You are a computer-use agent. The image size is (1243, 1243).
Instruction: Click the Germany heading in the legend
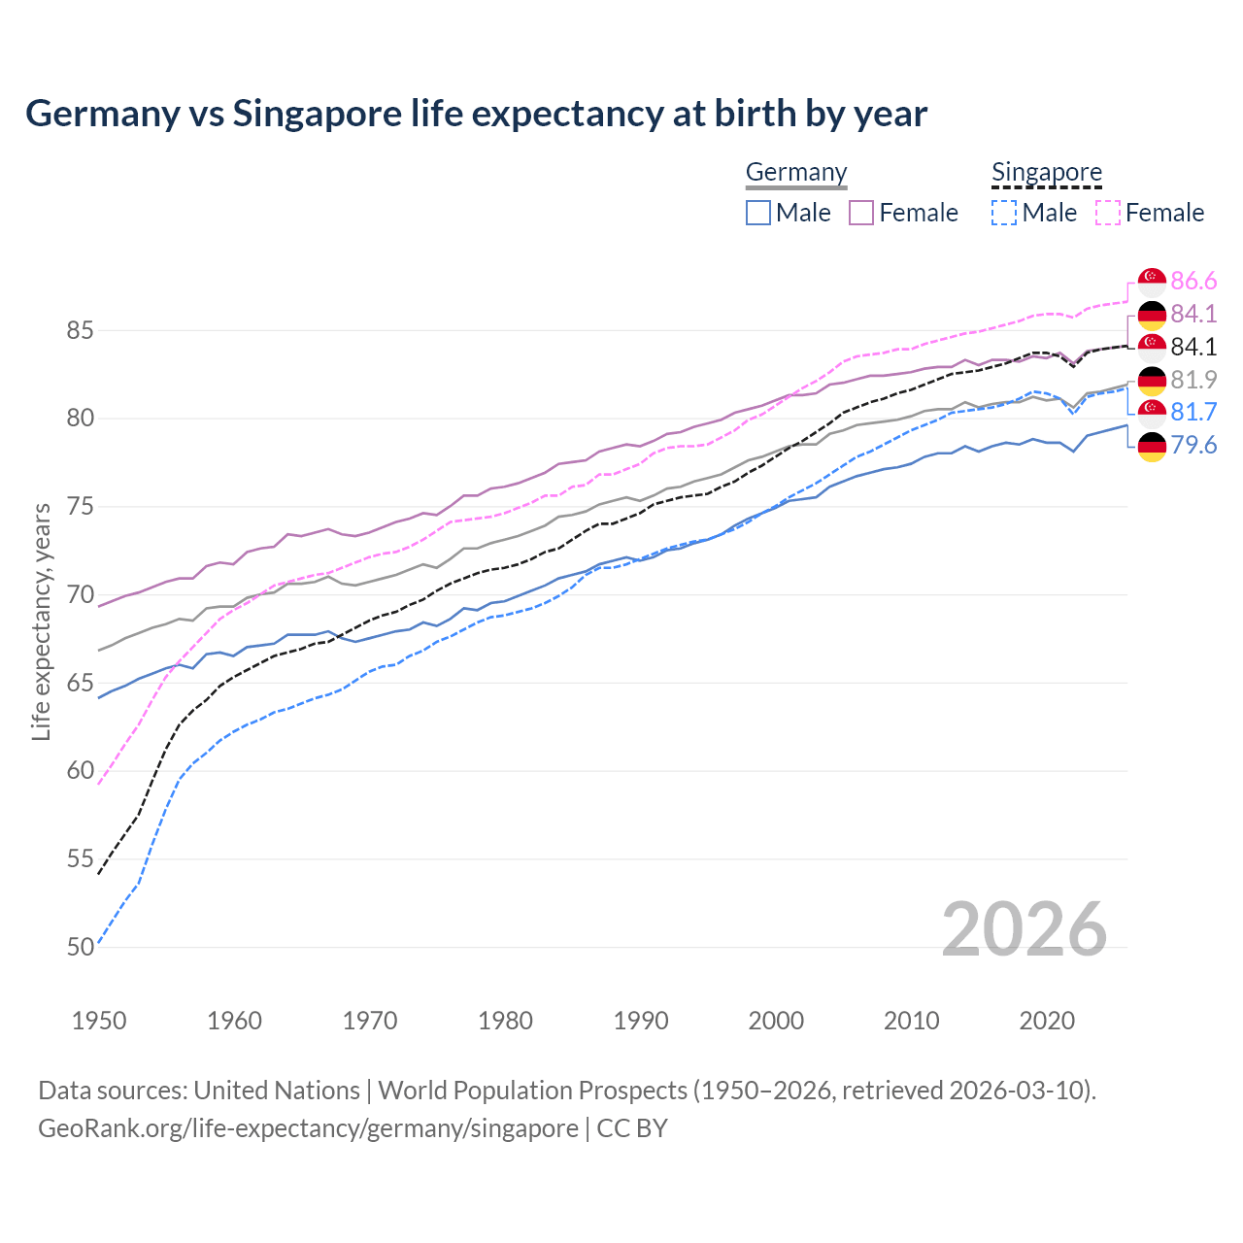click(796, 172)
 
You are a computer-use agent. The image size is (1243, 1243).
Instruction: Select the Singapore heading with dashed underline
click(1047, 172)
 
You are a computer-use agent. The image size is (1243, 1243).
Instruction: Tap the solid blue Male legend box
click(758, 213)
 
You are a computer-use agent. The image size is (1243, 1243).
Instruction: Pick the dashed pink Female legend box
click(1108, 213)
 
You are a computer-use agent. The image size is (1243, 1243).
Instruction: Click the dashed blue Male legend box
click(1004, 213)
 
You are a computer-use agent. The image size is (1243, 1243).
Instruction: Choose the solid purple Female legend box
click(861, 213)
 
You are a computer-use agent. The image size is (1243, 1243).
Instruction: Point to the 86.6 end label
click(1193, 282)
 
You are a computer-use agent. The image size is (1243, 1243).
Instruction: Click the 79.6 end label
click(1193, 446)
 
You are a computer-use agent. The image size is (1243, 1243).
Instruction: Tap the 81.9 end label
click(1193, 380)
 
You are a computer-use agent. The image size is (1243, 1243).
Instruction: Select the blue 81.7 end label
click(1193, 413)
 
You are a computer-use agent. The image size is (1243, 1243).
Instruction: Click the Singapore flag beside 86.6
click(1152, 282)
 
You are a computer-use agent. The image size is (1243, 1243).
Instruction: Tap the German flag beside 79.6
click(1152, 447)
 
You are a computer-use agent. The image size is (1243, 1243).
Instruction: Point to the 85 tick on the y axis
click(81, 331)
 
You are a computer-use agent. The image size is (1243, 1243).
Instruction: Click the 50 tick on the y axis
click(81, 947)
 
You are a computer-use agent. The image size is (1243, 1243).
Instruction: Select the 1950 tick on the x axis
click(99, 1021)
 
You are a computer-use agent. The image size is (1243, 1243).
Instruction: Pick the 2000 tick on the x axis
click(776, 1021)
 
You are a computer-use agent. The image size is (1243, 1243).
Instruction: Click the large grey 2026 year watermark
click(1025, 929)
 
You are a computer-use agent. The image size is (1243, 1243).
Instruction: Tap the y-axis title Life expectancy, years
click(42, 621)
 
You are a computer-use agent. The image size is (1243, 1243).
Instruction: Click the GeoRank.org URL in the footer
click(308, 1128)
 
